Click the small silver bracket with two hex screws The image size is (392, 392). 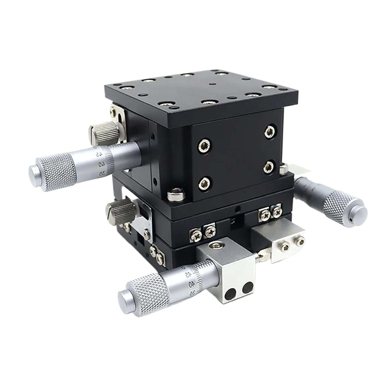pyautogui.click(x=289, y=245)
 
